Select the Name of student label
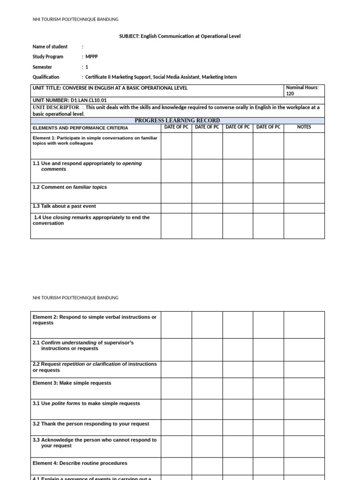click(50, 46)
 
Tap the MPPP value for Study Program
click(91, 57)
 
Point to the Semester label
click(42, 67)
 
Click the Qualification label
click(46, 77)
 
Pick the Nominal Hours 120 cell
click(304, 90)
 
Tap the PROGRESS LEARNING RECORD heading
click(177, 120)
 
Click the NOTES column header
click(304, 127)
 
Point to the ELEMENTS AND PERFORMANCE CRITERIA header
click(80, 127)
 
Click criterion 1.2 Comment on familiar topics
click(69, 187)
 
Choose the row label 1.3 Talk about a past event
click(64, 206)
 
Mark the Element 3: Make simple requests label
click(72, 383)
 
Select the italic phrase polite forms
click(66, 403)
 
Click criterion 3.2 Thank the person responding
click(91, 424)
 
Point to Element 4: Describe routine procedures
click(80, 463)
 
